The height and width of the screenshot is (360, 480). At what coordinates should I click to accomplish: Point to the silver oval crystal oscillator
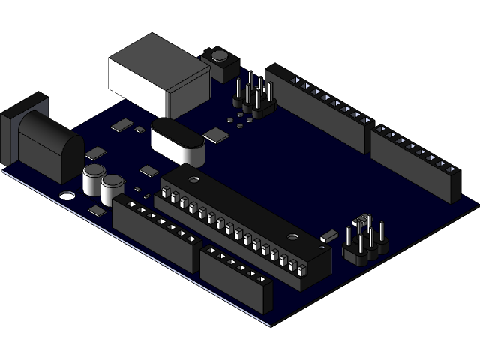click(x=178, y=142)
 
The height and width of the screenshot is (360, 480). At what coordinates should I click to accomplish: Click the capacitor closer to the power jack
click(x=94, y=180)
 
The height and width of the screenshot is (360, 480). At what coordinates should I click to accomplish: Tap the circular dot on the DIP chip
click(x=193, y=180)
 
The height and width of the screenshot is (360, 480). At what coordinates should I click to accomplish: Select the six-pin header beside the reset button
click(x=253, y=97)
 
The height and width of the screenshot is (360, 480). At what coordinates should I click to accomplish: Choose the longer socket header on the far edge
click(x=319, y=109)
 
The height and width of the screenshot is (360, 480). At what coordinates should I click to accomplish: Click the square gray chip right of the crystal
click(x=216, y=135)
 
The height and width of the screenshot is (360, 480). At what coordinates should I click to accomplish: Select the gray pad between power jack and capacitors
click(x=95, y=154)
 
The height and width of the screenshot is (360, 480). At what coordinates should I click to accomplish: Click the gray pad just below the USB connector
click(x=121, y=125)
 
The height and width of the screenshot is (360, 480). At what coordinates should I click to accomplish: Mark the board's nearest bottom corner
click(x=271, y=324)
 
